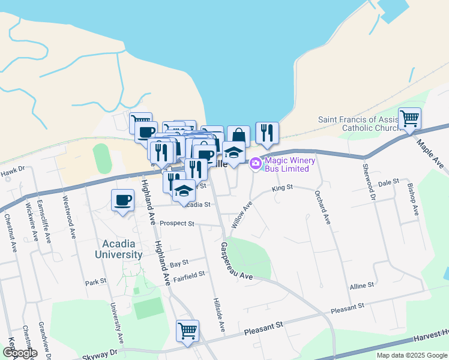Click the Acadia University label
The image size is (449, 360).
pyautogui.click(x=119, y=249)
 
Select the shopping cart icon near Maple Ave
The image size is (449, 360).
pyautogui.click(x=409, y=118)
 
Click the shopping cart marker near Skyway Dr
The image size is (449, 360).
pyautogui.click(x=187, y=330)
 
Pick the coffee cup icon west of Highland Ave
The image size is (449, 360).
pyautogui.click(x=122, y=200)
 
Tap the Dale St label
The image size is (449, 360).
pyautogui.click(x=388, y=182)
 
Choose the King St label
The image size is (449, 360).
pyautogui.click(x=282, y=188)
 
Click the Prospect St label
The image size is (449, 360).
pyautogui.click(x=178, y=224)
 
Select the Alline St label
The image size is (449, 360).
pyautogui.click(x=362, y=285)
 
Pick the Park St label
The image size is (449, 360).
pyautogui.click(x=95, y=281)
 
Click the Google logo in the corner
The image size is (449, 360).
pyautogui.click(x=20, y=352)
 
